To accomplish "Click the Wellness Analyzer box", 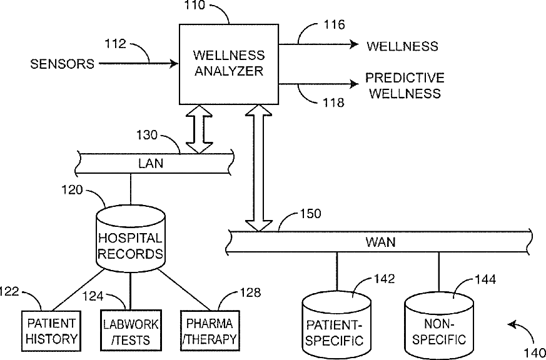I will (229, 64).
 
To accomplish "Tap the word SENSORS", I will (62, 63).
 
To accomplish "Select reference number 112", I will (116, 44).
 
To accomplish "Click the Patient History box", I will (51, 331).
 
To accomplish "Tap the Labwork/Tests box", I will (130, 331).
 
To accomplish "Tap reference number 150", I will (310, 214).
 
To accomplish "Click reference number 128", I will (250, 291).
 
